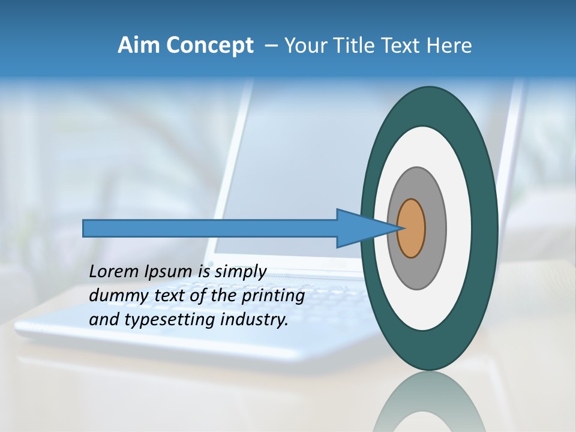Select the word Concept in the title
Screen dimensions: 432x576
point(210,46)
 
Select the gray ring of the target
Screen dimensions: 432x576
point(434,229)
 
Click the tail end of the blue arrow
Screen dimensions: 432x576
point(85,228)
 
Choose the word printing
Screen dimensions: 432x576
point(273,296)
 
